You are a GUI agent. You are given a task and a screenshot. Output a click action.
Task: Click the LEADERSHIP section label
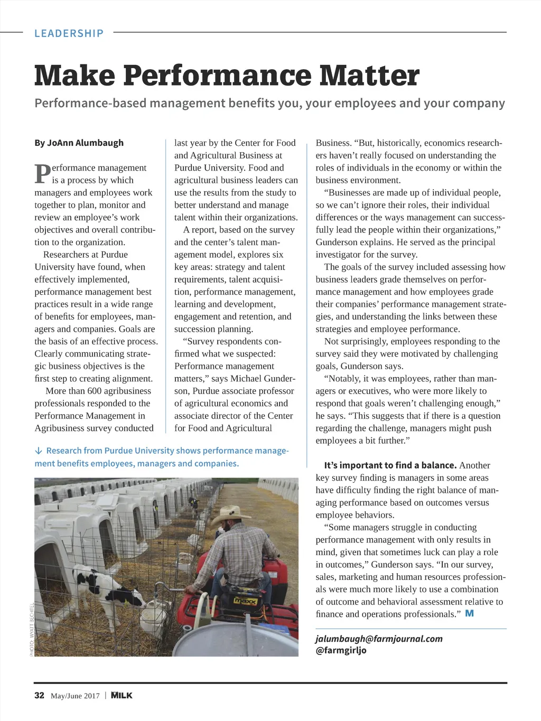coord(69,33)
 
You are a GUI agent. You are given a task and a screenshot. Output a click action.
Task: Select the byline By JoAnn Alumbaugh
coord(79,143)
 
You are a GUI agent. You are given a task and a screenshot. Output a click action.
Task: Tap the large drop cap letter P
coord(42,174)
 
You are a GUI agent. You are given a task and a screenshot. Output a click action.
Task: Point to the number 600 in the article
coord(95,391)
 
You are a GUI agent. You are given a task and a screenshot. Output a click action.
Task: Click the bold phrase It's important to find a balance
coord(390,465)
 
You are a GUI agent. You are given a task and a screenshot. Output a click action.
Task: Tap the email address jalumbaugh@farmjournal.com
coord(379,639)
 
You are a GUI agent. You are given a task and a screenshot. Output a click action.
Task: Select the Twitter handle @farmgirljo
coord(341,650)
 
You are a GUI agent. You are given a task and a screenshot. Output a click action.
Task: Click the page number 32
coord(39,695)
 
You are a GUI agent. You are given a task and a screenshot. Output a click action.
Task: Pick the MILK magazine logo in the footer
coord(122,695)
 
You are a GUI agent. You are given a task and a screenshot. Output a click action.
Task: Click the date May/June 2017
coord(75,696)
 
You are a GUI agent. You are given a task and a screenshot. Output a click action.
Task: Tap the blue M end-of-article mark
coord(469,613)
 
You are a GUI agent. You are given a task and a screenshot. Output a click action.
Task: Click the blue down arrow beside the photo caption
coord(39,451)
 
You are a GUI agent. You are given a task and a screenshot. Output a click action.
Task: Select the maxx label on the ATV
coord(245,601)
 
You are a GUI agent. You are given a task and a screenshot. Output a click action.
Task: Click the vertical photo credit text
coord(32,629)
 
